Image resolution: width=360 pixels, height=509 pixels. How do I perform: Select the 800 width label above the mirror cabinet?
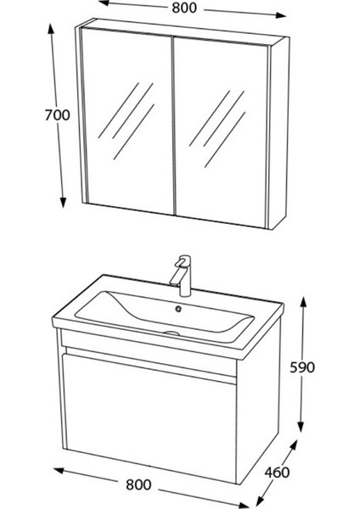182,9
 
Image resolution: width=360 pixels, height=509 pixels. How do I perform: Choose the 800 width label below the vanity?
138,484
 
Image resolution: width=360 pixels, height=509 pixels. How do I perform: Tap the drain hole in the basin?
179,309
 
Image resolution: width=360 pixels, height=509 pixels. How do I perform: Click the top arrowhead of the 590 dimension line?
301,303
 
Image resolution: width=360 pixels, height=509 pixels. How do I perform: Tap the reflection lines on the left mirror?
127,110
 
